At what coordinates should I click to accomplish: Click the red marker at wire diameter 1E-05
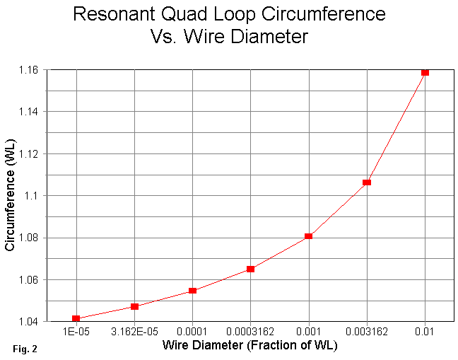coord(76,318)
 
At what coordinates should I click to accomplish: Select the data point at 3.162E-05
coord(134,306)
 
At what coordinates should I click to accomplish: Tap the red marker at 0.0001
coord(192,291)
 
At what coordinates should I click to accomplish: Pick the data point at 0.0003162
coord(250,269)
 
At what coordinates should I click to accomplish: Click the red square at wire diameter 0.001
coord(309,236)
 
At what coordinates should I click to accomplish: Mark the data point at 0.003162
coord(367,182)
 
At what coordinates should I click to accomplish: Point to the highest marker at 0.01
coord(425,72)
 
